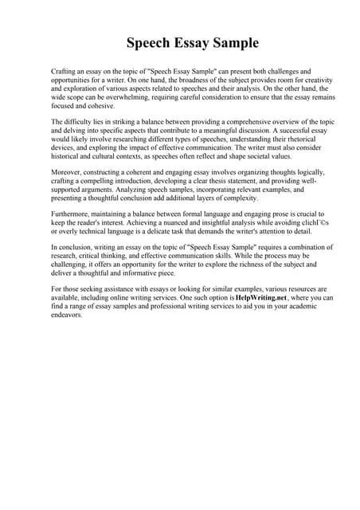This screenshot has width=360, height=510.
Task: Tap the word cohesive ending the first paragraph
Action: [100, 107]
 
